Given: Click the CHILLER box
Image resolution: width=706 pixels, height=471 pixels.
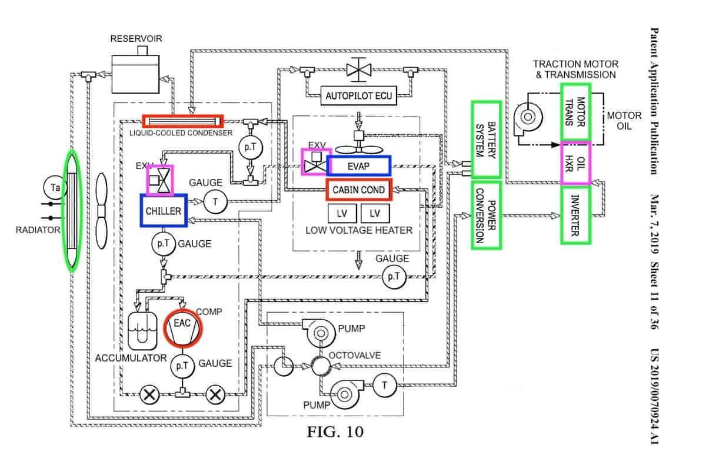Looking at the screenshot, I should click(164, 210).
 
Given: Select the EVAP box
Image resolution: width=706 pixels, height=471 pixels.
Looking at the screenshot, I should click(358, 165).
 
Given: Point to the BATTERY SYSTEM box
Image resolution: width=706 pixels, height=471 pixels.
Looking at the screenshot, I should click(485, 140).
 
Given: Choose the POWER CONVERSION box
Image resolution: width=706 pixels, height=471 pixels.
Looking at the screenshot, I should click(485, 215).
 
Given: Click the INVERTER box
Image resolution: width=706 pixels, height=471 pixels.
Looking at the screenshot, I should click(575, 215).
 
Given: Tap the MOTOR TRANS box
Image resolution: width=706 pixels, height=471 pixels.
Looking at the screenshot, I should click(575, 112).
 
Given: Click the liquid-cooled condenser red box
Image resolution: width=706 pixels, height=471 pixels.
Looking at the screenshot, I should click(183, 121).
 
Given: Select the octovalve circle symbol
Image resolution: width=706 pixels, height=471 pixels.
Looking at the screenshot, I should click(321, 366).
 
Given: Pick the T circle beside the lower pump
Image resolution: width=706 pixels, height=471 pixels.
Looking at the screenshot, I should click(385, 385).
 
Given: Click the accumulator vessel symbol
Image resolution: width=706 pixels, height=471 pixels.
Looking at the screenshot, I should click(142, 330).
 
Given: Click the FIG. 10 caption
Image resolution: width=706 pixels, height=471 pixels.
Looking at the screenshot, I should click(335, 432).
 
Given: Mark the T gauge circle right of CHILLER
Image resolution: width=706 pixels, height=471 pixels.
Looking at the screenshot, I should click(215, 202).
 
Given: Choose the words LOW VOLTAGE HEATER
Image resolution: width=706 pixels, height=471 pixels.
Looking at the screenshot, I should click(359, 230).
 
